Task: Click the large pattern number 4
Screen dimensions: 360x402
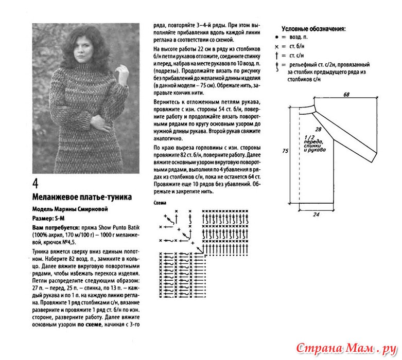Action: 37,184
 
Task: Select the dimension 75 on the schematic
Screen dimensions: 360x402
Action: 284,150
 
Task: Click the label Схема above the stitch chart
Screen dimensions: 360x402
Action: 160,203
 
